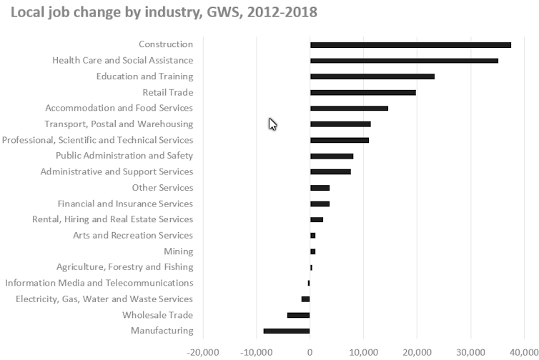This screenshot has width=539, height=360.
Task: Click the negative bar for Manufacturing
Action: [x=287, y=331]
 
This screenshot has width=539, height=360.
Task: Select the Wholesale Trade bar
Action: [x=298, y=315]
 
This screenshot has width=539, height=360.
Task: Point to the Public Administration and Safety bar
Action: [x=332, y=156]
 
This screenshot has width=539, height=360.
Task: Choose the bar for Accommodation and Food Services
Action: [x=349, y=109]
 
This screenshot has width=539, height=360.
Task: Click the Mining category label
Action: [x=179, y=251]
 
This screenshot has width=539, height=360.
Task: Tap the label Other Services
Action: [x=162, y=188]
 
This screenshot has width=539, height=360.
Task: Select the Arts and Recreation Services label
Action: [x=133, y=236]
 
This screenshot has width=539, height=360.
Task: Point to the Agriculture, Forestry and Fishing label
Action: [x=125, y=267]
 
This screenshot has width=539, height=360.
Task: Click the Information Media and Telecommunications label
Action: [x=99, y=283]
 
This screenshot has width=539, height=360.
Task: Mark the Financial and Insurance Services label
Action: [x=125, y=204]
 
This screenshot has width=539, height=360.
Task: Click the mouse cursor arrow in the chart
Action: [x=272, y=124]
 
